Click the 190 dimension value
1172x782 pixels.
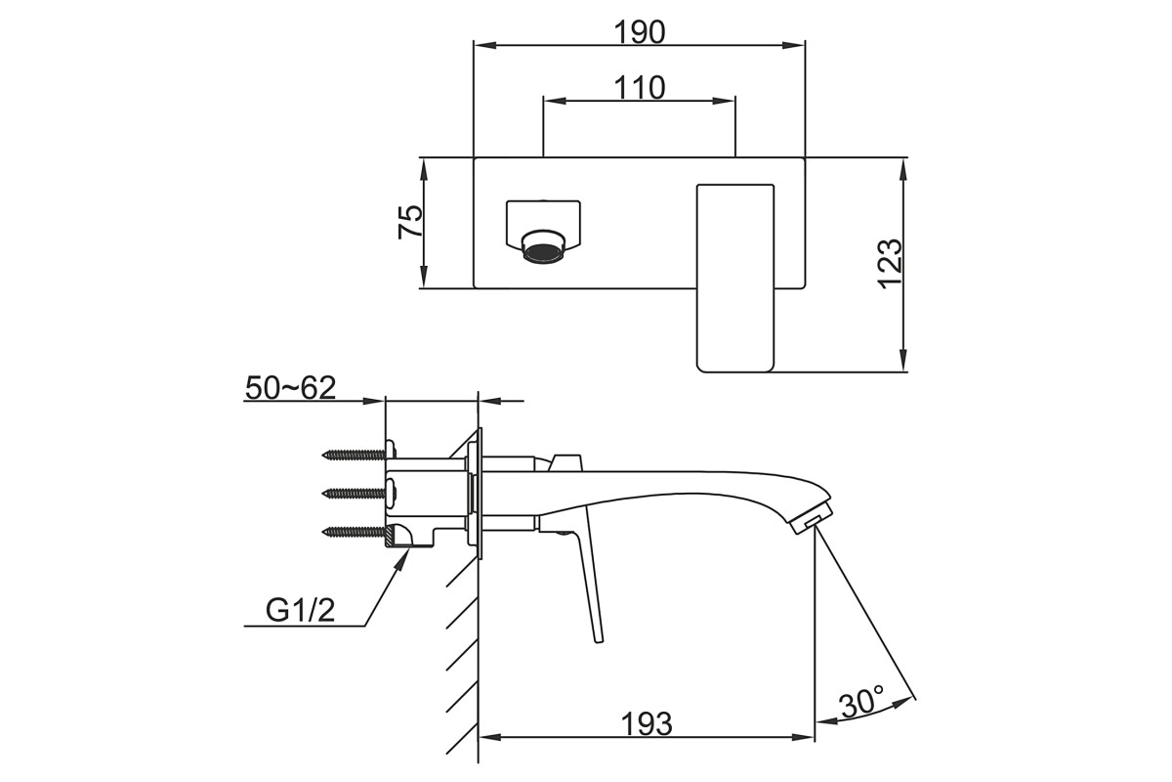click(639, 32)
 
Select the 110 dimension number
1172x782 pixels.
click(639, 87)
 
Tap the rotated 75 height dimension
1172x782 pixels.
click(410, 222)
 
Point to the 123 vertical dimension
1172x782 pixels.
click(890, 264)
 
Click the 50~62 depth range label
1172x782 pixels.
click(290, 388)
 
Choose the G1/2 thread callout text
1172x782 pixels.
click(301, 610)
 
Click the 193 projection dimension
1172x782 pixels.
click(647, 724)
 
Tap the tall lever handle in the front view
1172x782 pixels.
click(735, 279)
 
